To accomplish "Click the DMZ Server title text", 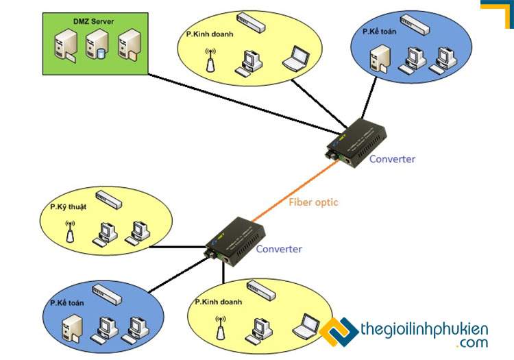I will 94,22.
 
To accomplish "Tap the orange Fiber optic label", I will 313,202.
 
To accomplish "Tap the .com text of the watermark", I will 469,343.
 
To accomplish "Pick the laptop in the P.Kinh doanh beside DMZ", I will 297,58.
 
